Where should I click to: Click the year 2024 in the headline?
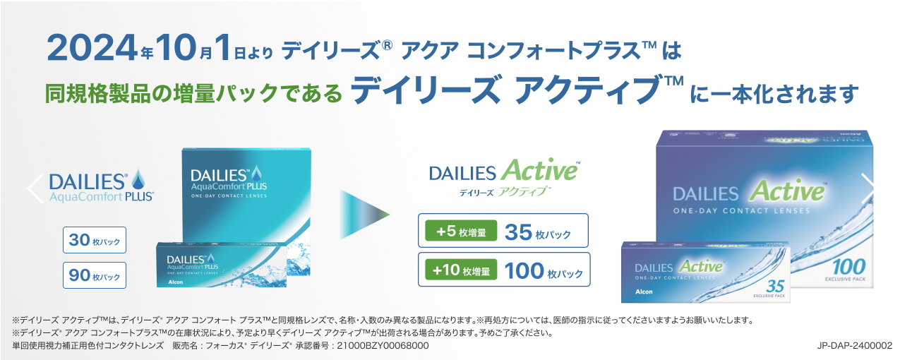coord(92,47)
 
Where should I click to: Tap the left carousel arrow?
coord(35,188)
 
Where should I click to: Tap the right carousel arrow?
coord(867,188)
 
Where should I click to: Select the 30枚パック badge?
coord(95,240)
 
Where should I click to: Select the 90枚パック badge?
coord(95,275)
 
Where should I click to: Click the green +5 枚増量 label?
coord(461,232)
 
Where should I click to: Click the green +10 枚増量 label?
coord(461,270)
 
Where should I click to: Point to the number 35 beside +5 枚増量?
coord(518,232)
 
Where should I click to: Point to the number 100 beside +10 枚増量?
coord(523,270)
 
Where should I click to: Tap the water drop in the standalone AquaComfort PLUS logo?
coord(138,179)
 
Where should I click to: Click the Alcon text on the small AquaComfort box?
coord(175,282)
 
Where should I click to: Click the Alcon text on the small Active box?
coord(644,292)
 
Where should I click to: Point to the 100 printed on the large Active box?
coord(848,267)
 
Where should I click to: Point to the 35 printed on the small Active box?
coord(775,286)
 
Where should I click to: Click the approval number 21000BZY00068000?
coord(383,346)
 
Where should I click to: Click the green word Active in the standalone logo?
coord(539,170)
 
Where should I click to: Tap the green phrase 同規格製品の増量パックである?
coord(193,93)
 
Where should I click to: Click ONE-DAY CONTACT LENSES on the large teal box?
coord(229,196)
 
